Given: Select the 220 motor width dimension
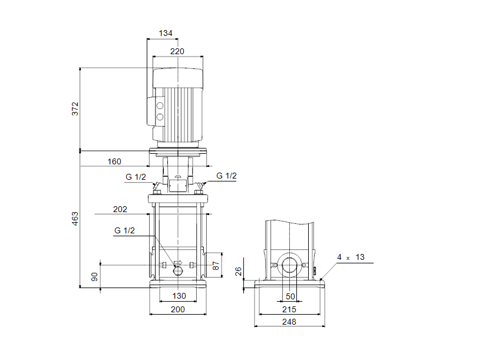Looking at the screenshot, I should click(x=177, y=51).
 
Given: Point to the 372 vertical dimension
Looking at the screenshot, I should click(x=75, y=109).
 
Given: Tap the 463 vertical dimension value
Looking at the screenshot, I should click(x=75, y=219).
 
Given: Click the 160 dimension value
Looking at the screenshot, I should click(x=114, y=161).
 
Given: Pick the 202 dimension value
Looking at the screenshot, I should click(x=120, y=209).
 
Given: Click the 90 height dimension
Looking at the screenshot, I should click(x=94, y=277).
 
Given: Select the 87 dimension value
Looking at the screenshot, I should click(x=216, y=265).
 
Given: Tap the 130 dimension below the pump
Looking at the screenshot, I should click(x=177, y=296).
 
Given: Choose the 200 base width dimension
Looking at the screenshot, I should click(x=177, y=309).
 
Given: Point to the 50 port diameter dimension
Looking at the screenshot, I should click(x=289, y=296).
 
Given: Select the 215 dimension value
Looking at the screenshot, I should click(x=289, y=309).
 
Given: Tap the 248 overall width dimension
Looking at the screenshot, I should click(x=289, y=322).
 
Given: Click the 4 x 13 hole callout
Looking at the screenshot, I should click(x=351, y=257).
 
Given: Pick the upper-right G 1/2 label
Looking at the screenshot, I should click(x=226, y=176).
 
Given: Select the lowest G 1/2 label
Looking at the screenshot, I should click(x=125, y=230).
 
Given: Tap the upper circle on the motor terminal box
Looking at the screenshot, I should click(x=159, y=105).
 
